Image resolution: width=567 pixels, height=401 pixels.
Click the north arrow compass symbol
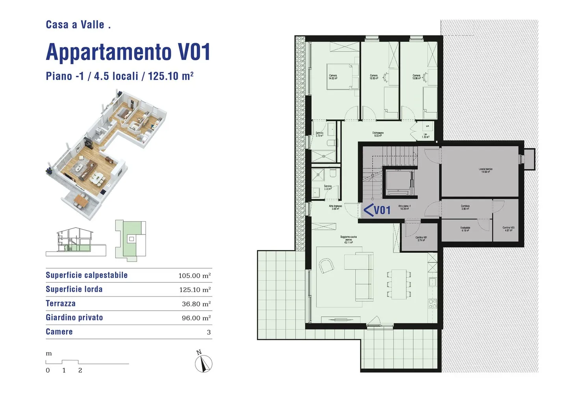[x=204, y=363]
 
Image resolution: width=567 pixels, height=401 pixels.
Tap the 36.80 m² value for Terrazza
[x=196, y=304]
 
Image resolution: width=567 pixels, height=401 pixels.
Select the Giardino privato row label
[x=74, y=317]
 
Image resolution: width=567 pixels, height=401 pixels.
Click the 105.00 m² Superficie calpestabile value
[x=195, y=276]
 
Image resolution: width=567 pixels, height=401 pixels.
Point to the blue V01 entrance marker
[x=377, y=210]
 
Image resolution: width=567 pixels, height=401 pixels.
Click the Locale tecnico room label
[x=485, y=171]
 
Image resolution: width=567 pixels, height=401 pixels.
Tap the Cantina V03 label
[x=508, y=229]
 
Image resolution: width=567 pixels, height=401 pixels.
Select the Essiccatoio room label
[x=465, y=229]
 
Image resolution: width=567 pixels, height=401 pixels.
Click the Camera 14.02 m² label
[x=333, y=77]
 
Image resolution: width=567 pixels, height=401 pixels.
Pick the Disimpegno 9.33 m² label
[x=378, y=134]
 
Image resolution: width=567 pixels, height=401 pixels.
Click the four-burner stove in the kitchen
[x=432, y=303]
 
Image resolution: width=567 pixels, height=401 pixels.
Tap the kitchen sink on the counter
[x=432, y=282]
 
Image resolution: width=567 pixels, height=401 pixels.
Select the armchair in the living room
[x=326, y=266]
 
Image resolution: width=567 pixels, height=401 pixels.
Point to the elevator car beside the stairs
[x=398, y=182]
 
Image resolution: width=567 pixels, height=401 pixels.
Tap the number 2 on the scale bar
[x=80, y=370]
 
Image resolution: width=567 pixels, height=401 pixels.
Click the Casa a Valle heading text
[x=78, y=24]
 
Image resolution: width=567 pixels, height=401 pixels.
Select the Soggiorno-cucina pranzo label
[x=348, y=239]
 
